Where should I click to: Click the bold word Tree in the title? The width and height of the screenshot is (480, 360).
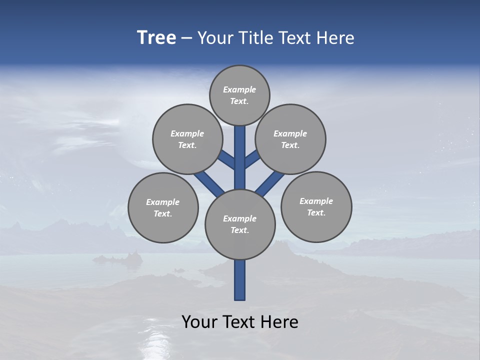tap(156, 38)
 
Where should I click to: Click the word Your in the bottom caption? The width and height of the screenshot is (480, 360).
tap(199, 322)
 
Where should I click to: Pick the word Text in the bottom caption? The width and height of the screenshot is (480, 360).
tap(239, 322)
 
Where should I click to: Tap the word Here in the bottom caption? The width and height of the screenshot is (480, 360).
tap(280, 322)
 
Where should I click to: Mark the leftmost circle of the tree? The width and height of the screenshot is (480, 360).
tap(163, 207)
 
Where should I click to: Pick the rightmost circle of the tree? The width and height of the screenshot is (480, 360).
tap(316, 206)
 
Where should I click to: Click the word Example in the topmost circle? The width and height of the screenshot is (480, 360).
tap(239, 89)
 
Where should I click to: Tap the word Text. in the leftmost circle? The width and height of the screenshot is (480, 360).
tap(163, 213)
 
